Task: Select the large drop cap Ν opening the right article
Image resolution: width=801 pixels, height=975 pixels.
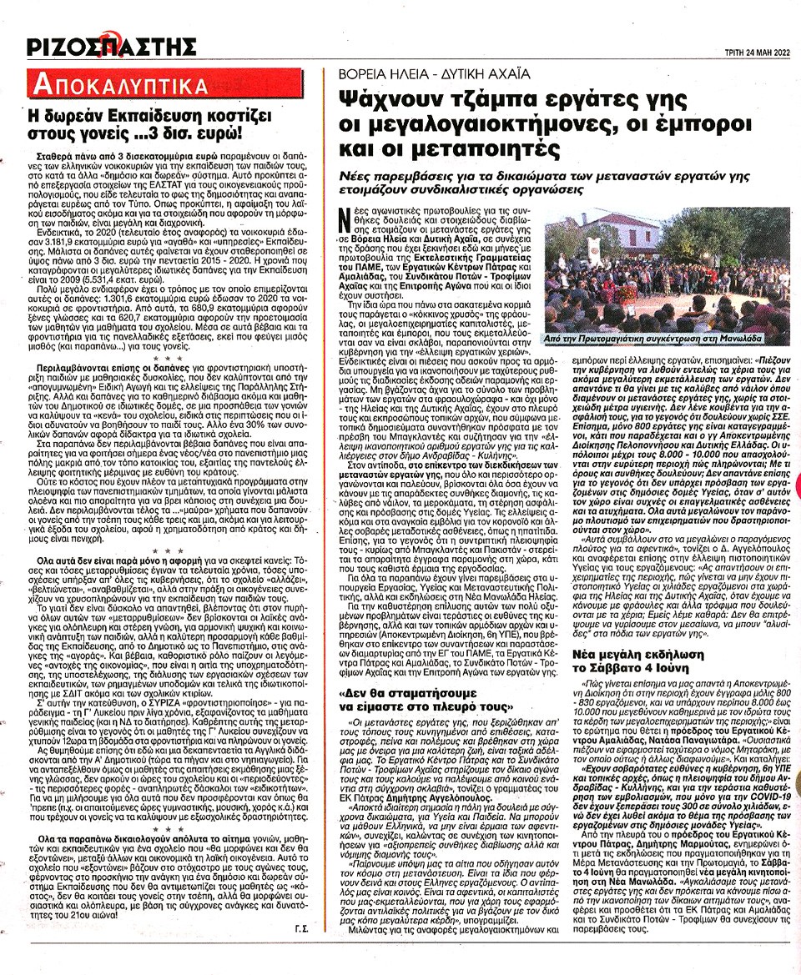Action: coord(345,221)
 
